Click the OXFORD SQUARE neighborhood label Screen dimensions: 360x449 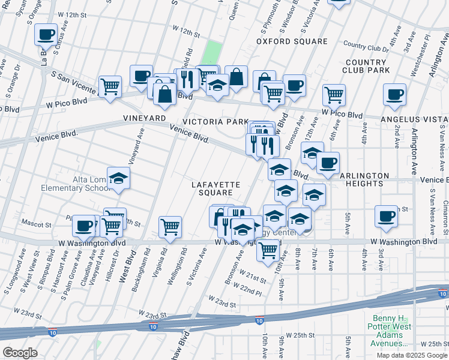tap(292, 41)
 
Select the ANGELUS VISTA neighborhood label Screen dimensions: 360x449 tap(414, 119)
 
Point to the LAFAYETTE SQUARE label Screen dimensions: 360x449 tap(216, 188)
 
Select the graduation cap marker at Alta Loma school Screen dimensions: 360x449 tap(119, 179)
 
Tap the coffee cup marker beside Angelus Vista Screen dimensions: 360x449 tap(394, 95)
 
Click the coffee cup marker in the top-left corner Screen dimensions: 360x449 tap(46, 35)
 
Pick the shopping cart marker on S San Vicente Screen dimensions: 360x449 tap(110, 87)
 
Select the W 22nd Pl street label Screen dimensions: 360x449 tap(250, 290)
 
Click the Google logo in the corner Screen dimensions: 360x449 tap(20, 353)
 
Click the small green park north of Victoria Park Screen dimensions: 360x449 tap(212, 53)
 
